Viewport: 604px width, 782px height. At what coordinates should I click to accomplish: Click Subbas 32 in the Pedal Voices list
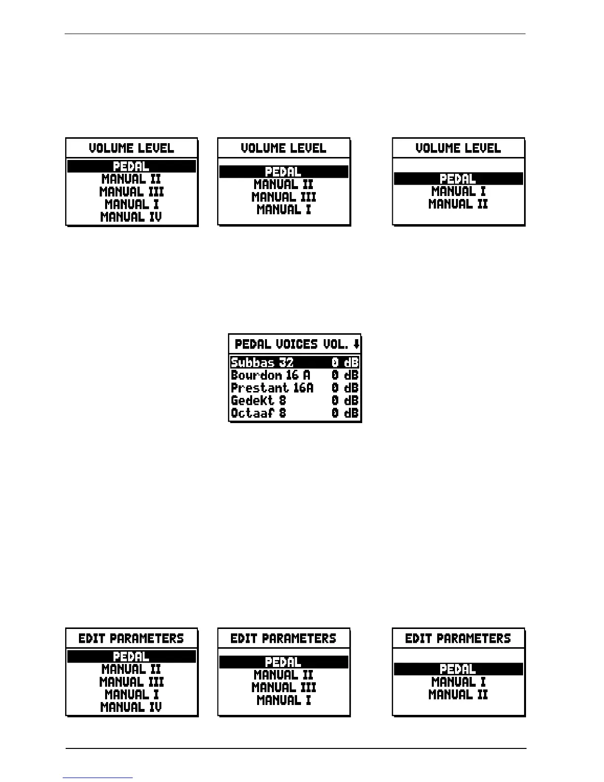[x=262, y=362]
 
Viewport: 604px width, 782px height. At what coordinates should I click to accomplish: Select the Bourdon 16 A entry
[x=270, y=375]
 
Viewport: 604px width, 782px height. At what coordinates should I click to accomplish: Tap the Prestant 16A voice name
[x=272, y=388]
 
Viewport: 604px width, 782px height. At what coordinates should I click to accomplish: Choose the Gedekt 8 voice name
[x=258, y=400]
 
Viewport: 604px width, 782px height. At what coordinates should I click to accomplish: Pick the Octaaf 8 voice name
[x=258, y=413]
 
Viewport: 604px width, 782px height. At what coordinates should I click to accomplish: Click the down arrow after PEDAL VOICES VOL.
[x=356, y=344]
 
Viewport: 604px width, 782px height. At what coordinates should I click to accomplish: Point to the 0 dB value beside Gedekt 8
[x=345, y=400]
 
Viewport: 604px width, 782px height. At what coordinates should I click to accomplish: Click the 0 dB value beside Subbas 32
[x=345, y=362]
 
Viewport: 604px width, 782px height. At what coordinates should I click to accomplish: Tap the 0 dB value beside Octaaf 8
[x=345, y=413]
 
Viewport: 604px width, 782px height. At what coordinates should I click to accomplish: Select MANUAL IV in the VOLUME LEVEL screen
[x=131, y=217]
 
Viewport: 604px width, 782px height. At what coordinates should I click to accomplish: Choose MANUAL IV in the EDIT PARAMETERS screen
[x=131, y=707]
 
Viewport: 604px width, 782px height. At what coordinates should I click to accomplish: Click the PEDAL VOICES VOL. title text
[x=291, y=344]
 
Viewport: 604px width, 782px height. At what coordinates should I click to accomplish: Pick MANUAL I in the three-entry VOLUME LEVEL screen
[x=458, y=192]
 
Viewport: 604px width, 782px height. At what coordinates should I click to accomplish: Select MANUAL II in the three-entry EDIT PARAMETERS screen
[x=458, y=695]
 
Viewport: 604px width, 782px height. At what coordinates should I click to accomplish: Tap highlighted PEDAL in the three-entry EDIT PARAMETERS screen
[x=458, y=669]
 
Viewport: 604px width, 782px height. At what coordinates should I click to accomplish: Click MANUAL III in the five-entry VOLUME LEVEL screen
[x=131, y=192]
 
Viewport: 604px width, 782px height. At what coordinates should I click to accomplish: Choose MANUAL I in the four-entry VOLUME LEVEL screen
[x=284, y=209]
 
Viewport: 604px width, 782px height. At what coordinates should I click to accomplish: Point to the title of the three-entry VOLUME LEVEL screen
[x=458, y=148]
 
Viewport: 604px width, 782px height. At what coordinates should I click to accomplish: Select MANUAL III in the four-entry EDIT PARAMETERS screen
[x=284, y=687]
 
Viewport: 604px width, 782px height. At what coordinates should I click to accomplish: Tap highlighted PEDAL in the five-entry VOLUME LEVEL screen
[x=131, y=166]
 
